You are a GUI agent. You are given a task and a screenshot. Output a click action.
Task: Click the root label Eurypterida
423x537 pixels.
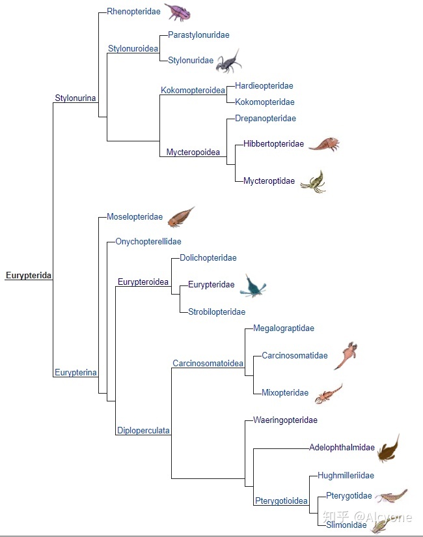click(x=29, y=276)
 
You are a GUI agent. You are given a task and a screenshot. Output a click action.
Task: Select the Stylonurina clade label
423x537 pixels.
click(x=75, y=98)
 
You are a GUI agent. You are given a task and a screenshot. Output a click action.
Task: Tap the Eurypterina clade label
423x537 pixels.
click(x=75, y=373)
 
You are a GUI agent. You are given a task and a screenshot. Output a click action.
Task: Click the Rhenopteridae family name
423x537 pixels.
click(x=133, y=12)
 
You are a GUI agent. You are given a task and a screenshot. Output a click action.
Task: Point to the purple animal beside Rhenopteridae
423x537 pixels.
click(x=177, y=12)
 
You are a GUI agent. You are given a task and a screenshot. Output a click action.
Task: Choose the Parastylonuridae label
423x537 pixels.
click(x=198, y=35)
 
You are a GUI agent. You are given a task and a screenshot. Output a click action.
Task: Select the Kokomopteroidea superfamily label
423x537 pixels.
click(x=193, y=90)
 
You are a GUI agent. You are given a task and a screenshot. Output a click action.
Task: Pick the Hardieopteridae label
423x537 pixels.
click(x=264, y=85)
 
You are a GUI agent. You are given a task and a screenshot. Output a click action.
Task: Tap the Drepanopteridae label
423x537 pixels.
click(x=266, y=119)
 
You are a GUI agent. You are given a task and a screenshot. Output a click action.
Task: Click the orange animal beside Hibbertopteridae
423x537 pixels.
click(x=323, y=144)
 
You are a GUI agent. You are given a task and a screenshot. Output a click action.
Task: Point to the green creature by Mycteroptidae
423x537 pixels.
click(x=313, y=181)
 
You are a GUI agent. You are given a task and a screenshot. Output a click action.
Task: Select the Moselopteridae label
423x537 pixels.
click(x=135, y=217)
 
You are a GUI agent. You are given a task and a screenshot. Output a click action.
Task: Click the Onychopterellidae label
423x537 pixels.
click(x=148, y=242)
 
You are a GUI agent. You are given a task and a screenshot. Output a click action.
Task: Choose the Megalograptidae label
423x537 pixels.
click(x=284, y=328)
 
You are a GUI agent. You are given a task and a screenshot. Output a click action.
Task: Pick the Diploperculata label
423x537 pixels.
click(x=143, y=430)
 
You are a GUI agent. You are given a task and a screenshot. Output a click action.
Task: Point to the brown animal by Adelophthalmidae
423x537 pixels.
click(x=389, y=448)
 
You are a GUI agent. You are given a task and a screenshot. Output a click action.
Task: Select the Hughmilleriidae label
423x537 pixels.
click(x=346, y=476)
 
